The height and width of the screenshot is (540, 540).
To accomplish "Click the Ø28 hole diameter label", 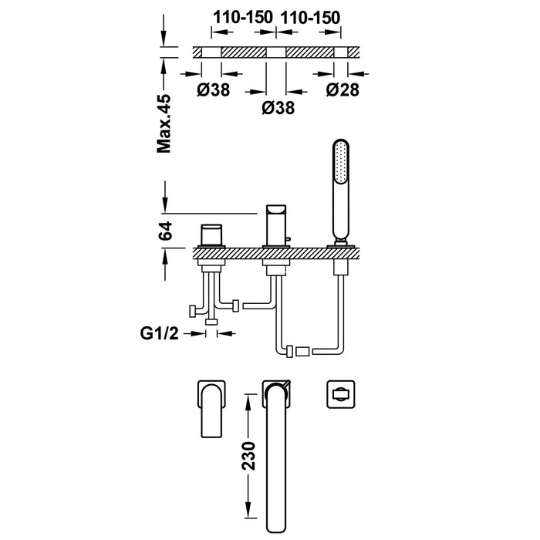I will (342, 90).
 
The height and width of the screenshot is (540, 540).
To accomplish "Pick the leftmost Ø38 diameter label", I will (212, 90).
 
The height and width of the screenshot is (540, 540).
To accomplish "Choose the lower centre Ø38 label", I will (277, 110).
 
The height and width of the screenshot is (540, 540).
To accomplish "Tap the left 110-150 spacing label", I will (242, 15).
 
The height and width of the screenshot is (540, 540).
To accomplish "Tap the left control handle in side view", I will (211, 235).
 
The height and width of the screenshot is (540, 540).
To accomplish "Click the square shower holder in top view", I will (339, 393).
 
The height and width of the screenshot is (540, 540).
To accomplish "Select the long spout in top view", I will (277, 447).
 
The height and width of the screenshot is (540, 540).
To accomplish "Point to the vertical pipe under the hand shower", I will (340, 301).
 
